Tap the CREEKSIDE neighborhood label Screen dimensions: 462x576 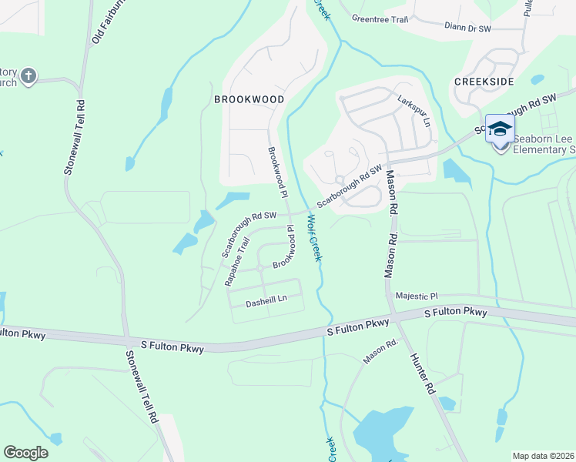tap(483, 81)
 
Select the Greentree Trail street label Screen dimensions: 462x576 tap(379, 18)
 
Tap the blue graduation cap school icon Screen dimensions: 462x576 tap(500, 129)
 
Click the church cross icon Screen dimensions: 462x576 tap(28, 75)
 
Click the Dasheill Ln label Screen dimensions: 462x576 tap(266, 303)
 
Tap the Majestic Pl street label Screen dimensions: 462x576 tap(416, 296)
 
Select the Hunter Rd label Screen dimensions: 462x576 tap(423, 374)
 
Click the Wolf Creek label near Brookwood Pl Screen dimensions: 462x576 tap(313, 237)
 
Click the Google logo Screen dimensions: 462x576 tap(25, 452)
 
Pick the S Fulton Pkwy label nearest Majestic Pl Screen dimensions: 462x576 tap(456, 313)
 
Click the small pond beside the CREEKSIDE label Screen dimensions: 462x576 tap(537, 79)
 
